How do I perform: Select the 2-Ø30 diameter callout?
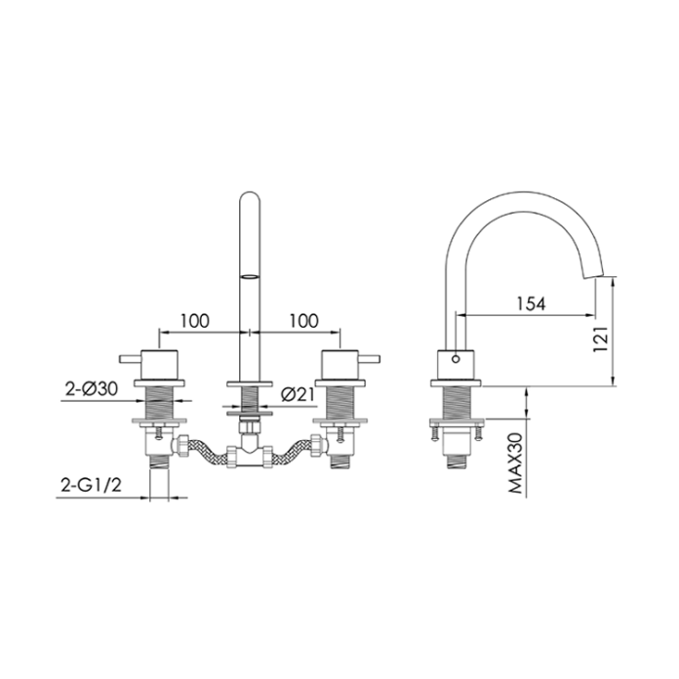click(92, 388)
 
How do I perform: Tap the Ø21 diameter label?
click(296, 394)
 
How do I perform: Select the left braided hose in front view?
click(202, 451)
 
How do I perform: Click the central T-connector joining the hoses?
click(250, 455)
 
